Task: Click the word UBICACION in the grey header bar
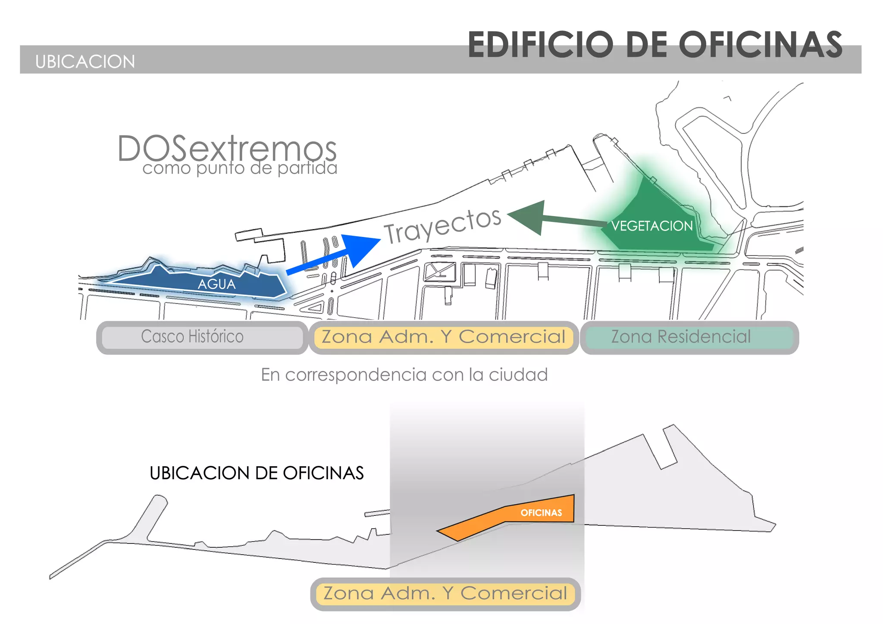pos(85,62)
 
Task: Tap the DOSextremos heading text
pos(227,149)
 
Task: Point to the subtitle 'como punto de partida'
pos(240,168)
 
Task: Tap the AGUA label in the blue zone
pos(216,284)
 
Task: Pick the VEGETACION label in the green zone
pos(652,226)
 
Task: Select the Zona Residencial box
pos(689,337)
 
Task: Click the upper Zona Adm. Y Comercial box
pos(443,337)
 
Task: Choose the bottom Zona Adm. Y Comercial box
pos(445,593)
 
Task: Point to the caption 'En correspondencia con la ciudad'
pos(404,374)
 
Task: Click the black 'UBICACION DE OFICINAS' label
pos(257,473)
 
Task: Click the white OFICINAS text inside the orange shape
pos(541,513)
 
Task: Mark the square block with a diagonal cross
pos(440,272)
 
